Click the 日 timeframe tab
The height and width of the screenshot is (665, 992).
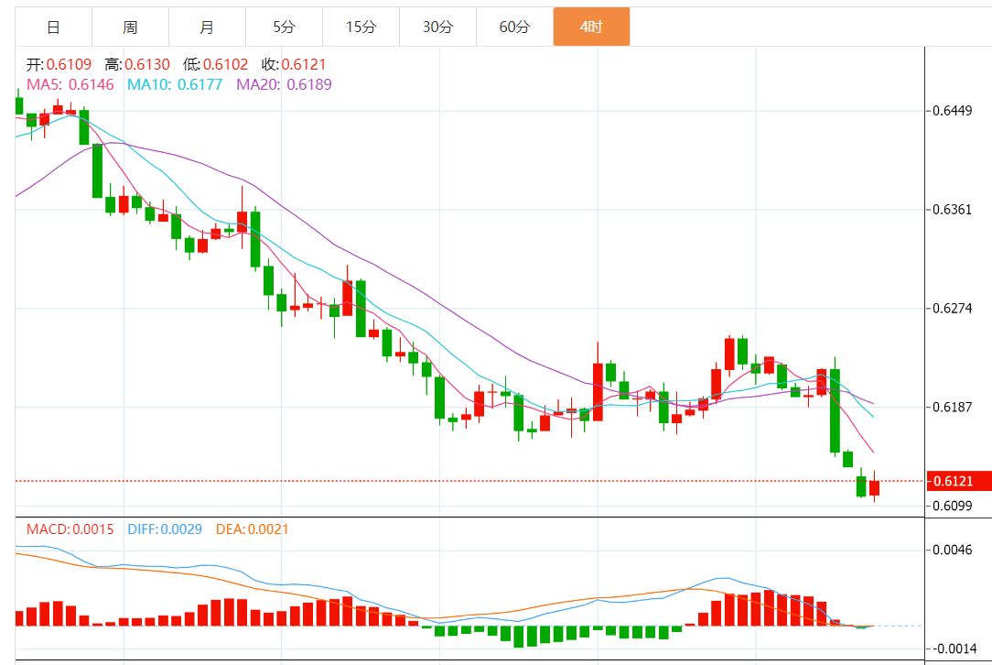53,27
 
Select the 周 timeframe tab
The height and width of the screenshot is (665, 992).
130,27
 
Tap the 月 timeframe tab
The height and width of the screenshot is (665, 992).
207,27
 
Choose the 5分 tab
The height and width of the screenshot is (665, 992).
284,27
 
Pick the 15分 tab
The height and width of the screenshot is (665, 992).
361,27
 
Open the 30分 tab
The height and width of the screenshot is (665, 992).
437,27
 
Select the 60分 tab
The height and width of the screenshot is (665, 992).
514,27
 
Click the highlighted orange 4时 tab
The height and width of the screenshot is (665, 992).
591,27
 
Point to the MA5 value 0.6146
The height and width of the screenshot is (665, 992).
91,84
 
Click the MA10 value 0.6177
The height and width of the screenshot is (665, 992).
199,84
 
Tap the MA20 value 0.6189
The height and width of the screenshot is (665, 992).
309,84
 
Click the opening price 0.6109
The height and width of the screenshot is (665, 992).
69,64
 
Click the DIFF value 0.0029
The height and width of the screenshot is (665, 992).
181,529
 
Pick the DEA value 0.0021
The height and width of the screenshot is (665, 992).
268,529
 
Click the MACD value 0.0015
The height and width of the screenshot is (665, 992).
93,529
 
